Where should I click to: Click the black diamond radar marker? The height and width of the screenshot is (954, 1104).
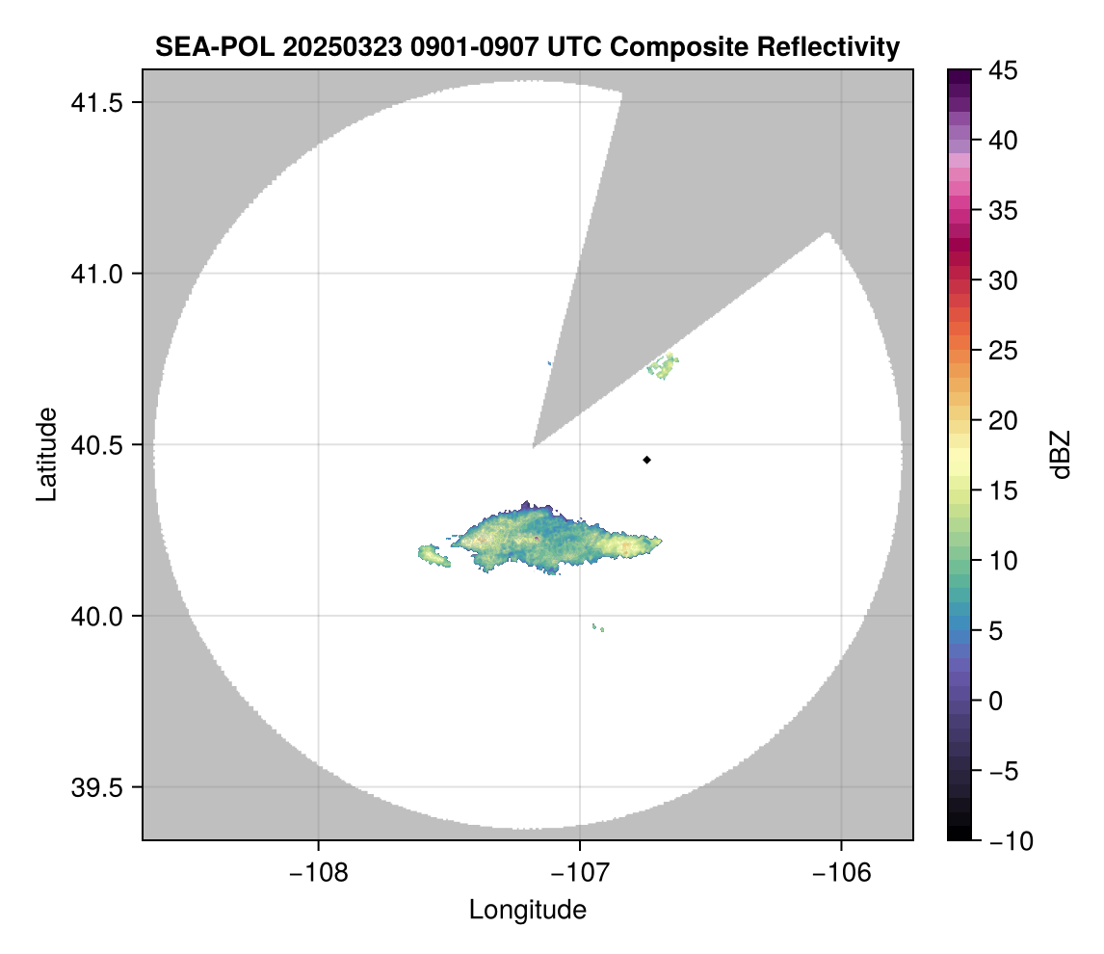(x=647, y=460)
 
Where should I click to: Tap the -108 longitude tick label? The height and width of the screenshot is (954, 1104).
(x=318, y=872)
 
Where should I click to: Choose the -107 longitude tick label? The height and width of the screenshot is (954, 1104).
(x=580, y=872)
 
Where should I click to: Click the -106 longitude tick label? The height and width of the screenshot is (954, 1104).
(x=842, y=872)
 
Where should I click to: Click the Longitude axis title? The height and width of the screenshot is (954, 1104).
(x=527, y=910)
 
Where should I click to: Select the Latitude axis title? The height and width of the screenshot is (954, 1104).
(x=46, y=454)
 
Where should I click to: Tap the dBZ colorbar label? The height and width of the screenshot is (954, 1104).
(x=1061, y=454)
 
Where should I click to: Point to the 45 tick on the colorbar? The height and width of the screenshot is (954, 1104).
(x=1003, y=70)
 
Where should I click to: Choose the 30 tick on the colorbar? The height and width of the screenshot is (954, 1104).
(x=1003, y=280)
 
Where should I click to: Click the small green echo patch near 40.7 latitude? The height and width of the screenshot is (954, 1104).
(x=663, y=367)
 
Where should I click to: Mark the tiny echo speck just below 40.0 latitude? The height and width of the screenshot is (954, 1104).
(x=599, y=627)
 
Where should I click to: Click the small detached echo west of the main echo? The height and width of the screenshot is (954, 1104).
(x=433, y=554)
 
